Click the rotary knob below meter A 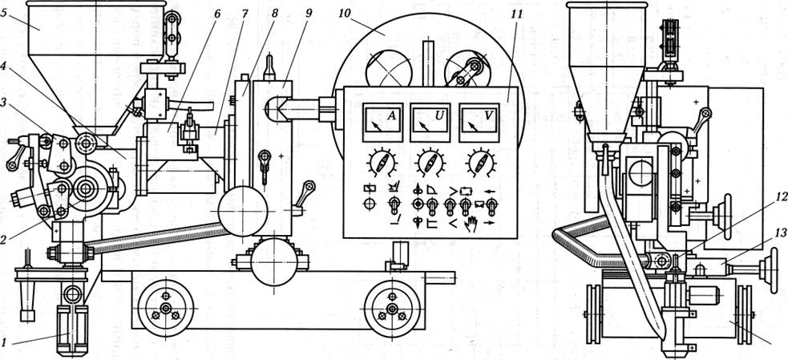pyautogui.click(x=380, y=164)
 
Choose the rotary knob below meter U pyautogui.click(x=429, y=164)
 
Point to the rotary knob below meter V pyautogui.click(x=479, y=164)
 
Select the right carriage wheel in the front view pyautogui.click(x=392, y=309)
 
